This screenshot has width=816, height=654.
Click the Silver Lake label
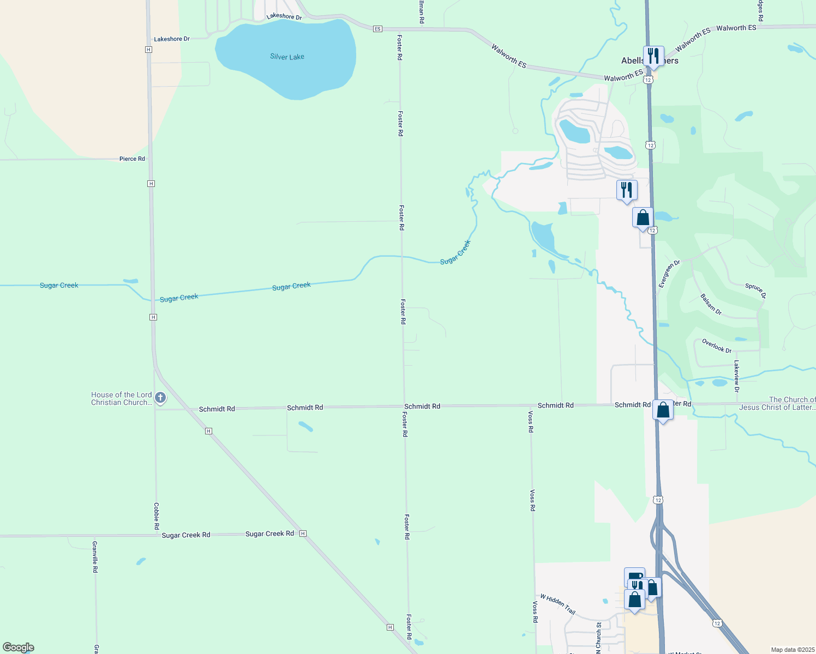pos(287,57)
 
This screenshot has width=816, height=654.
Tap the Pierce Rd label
pos(132,159)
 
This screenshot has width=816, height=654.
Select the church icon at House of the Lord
pos(160,398)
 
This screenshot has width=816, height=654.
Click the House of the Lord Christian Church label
pos(121,398)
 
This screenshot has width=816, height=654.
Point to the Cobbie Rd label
pos(156,516)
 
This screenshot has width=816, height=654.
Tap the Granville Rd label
pos(95,556)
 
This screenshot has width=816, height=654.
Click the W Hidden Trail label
pos(557,604)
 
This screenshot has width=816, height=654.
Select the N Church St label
pos(598,637)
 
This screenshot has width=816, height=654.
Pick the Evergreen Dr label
pos(669,274)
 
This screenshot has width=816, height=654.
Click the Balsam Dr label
pos(711,305)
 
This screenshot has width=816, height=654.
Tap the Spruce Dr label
pos(755,291)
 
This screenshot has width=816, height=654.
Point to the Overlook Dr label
pos(717,346)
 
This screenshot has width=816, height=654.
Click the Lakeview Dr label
pos(736,376)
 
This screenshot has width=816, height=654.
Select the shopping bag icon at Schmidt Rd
pos(663,410)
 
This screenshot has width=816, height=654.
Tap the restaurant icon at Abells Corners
pos(653,56)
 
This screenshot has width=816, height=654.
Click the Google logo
pos(19,647)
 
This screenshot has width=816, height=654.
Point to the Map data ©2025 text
pos(793,650)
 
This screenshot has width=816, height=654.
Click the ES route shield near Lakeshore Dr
pos(377,29)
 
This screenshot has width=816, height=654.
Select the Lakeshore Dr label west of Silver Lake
pos(172,39)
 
